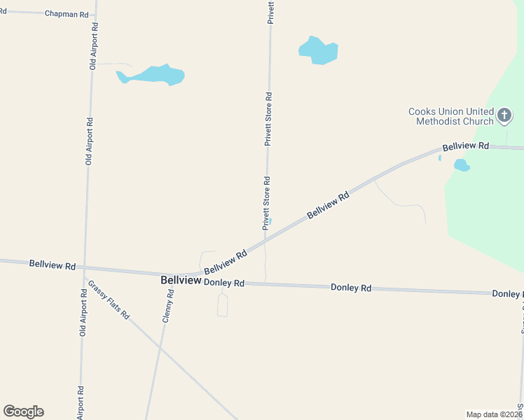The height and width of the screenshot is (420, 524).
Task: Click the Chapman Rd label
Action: point(67,13)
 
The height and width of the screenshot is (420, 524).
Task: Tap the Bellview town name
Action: point(181,280)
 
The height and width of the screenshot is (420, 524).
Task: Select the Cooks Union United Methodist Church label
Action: point(455,116)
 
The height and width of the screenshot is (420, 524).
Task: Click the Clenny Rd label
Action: point(167,303)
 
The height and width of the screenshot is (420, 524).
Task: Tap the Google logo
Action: point(23,412)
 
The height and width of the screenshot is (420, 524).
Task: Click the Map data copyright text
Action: point(494,414)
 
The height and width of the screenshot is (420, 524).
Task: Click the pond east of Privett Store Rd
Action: point(319,50)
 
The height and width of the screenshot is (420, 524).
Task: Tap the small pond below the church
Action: point(461,165)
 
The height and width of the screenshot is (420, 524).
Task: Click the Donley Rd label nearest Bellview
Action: point(223,283)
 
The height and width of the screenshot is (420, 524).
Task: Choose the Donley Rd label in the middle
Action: point(350,288)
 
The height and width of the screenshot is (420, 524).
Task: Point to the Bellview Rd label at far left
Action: point(52,265)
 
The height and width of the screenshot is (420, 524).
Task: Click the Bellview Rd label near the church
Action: point(465,146)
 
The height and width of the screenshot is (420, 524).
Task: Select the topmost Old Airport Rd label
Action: point(92,45)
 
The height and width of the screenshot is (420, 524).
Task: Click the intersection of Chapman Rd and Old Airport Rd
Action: point(95,15)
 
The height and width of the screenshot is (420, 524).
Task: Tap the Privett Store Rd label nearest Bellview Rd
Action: point(266,204)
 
